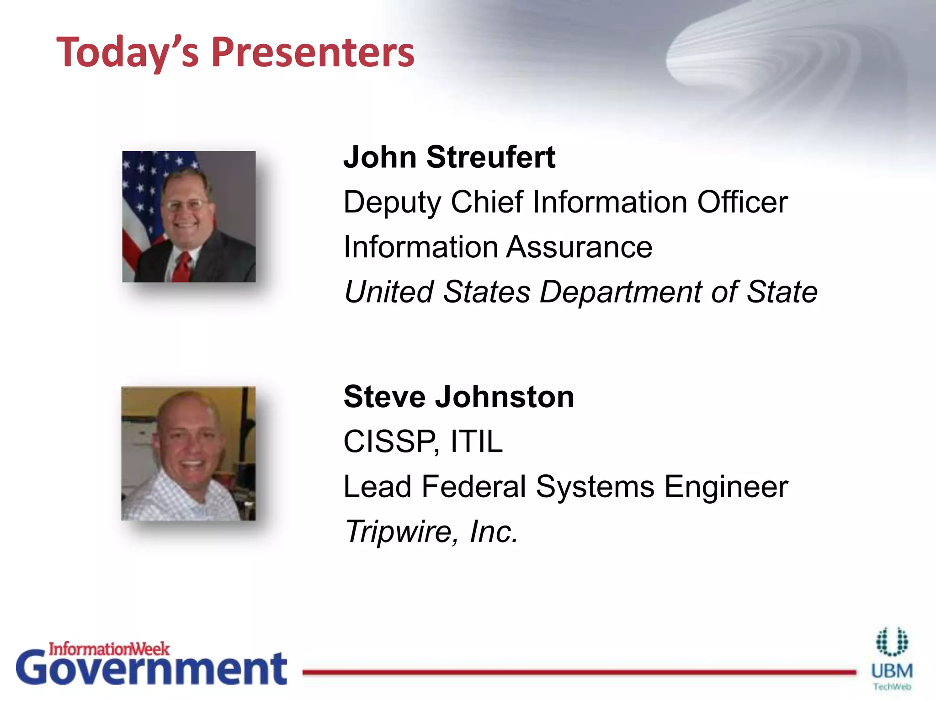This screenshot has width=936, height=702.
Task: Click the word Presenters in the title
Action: click(313, 53)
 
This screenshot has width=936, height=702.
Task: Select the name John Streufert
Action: click(449, 157)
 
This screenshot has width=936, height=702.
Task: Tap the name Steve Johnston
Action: click(458, 396)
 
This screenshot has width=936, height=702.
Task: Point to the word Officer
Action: click(742, 202)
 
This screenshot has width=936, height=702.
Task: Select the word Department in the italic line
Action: click(620, 292)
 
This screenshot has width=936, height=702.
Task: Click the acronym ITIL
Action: click(476, 441)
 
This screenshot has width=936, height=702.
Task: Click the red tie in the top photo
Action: click(181, 267)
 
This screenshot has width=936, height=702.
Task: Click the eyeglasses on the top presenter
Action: click(185, 204)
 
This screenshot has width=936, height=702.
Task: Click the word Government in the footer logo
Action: click(151, 669)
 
